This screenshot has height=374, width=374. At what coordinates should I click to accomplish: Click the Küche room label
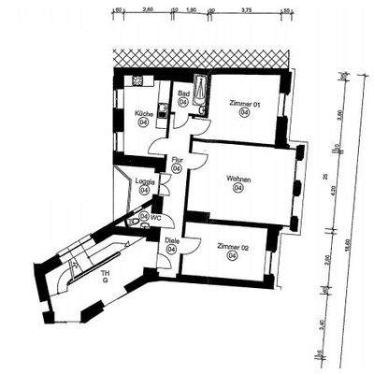click(144, 113)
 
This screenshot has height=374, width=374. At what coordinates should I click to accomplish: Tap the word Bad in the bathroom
click(184, 93)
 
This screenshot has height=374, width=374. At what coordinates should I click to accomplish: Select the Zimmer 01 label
click(243, 103)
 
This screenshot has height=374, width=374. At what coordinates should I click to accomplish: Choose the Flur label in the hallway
click(176, 160)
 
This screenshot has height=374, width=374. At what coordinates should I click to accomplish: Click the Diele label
click(172, 240)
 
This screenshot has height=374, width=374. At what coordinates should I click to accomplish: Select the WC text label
click(156, 218)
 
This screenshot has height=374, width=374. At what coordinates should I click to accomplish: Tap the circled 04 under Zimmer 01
click(243, 113)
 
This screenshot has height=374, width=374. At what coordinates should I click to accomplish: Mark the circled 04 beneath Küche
click(144, 122)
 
